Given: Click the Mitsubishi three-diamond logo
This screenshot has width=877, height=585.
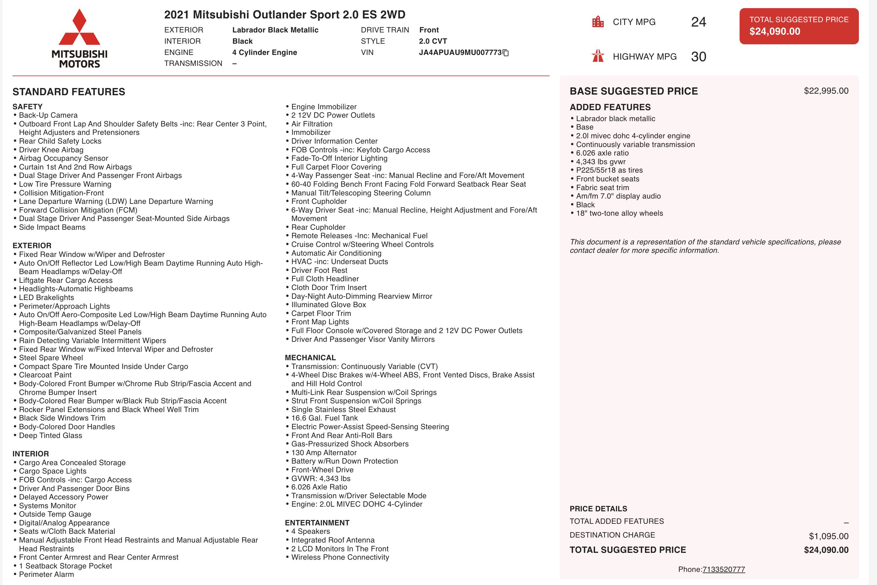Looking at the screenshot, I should [x=80, y=28].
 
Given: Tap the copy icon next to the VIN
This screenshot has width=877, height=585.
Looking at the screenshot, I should [x=506, y=53].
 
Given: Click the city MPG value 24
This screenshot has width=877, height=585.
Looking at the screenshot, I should [x=698, y=22].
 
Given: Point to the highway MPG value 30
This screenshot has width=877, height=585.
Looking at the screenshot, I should [x=698, y=57].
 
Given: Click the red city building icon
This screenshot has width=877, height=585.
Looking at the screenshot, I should [x=598, y=22].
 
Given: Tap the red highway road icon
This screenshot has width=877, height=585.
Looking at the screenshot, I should [x=598, y=56].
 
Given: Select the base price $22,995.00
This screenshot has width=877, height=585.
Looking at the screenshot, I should [x=826, y=91].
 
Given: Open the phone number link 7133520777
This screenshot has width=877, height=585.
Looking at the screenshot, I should [x=724, y=569].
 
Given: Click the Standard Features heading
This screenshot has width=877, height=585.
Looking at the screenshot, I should [x=69, y=92].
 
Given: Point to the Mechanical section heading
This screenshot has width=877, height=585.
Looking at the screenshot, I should [x=310, y=357].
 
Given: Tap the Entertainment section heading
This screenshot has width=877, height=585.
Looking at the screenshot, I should [x=317, y=523].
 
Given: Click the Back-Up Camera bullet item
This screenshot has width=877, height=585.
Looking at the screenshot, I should [x=48, y=115].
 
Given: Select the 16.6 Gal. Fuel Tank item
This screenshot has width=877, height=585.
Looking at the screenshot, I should [x=324, y=418].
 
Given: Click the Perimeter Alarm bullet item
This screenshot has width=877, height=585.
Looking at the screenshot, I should [x=46, y=575].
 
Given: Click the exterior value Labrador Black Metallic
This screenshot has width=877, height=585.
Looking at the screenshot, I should [x=275, y=30].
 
